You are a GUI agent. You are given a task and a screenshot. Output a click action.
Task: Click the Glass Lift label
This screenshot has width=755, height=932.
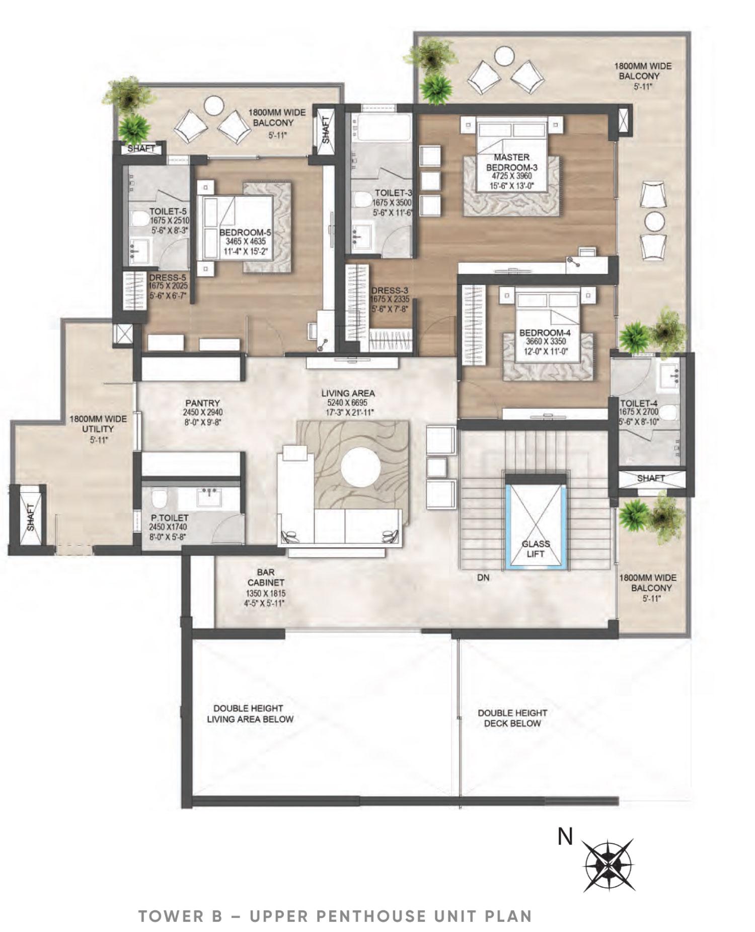(536, 549)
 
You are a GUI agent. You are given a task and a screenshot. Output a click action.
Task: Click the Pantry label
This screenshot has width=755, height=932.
(202, 403)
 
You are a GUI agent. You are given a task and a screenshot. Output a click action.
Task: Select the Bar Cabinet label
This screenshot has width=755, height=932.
(265, 577)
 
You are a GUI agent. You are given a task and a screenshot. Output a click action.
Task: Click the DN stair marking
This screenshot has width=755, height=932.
(483, 578)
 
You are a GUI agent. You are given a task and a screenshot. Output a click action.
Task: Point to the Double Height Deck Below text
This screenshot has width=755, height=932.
(512, 718)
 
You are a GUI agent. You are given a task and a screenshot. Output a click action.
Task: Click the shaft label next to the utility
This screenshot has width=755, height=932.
(31, 518)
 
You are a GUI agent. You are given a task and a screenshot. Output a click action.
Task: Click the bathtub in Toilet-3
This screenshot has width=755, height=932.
(381, 127)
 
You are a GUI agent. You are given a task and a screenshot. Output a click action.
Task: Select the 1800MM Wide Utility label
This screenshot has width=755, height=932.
(98, 424)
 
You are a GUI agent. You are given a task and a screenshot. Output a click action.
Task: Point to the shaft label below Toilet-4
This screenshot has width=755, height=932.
(651, 478)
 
